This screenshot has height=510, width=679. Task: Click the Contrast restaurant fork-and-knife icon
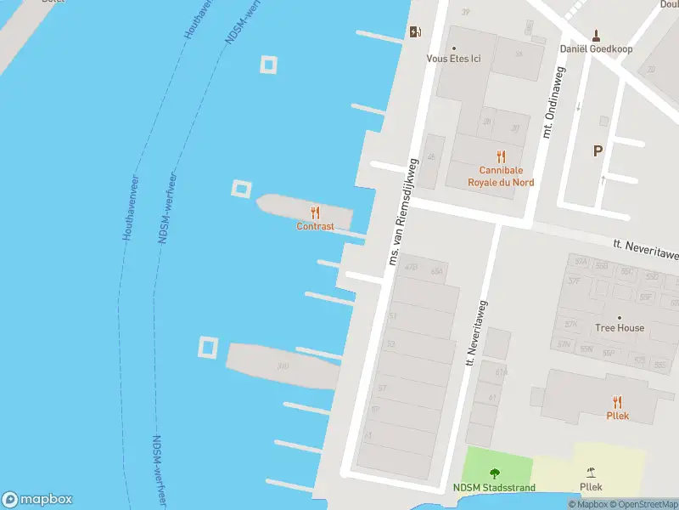click(315, 212)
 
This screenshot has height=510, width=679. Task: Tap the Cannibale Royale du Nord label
click(501, 175)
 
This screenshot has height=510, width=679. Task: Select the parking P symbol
click(598, 151)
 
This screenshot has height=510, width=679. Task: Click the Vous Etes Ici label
click(453, 59)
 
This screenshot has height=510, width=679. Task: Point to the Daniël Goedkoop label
click(596, 48)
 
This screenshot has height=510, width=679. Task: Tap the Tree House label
click(619, 328)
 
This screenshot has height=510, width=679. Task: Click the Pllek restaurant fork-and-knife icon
click(617, 402)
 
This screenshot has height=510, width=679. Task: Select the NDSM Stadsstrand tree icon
click(494, 473)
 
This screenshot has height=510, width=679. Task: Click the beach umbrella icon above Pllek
click(591, 473)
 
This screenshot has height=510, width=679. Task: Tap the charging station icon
click(415, 32)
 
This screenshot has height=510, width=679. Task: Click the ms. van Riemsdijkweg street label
click(403, 209)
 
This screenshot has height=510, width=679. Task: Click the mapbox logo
click(36, 500)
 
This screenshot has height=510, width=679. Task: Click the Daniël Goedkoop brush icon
click(596, 35)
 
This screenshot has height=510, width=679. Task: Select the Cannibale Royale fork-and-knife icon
click(501, 156)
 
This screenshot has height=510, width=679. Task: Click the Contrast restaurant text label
click(315, 227)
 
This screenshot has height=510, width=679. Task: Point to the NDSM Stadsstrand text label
click(494, 488)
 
